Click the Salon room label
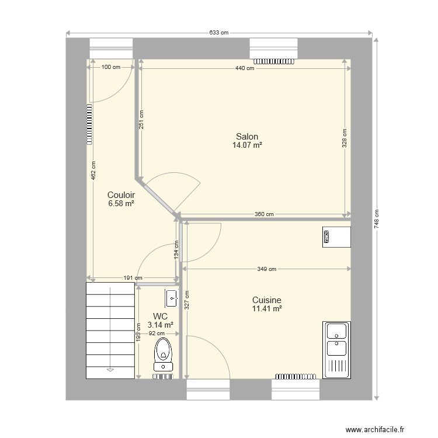(x=247, y=137)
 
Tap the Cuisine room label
(x=267, y=300)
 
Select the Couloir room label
(x=121, y=195)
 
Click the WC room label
(x=161, y=317)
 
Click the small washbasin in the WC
(x=172, y=298)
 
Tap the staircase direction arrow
(x=109, y=369)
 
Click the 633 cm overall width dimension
(x=218, y=33)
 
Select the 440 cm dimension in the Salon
(x=245, y=68)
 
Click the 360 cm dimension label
(x=265, y=214)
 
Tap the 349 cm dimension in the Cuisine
(x=267, y=269)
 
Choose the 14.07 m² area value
(x=247, y=145)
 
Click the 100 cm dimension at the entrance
(x=111, y=67)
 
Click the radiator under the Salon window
(x=274, y=60)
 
